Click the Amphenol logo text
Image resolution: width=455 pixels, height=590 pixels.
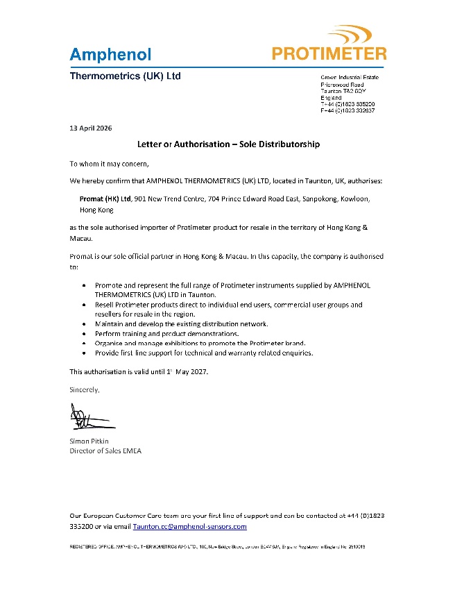(x=110, y=53)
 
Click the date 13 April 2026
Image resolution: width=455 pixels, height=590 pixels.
(x=91, y=128)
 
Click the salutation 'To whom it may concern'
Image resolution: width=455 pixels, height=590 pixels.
(x=109, y=164)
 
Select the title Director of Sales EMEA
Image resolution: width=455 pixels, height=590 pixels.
(x=105, y=451)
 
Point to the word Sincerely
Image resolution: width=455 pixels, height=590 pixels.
(x=85, y=389)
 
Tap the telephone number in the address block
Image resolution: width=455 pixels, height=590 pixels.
(x=347, y=103)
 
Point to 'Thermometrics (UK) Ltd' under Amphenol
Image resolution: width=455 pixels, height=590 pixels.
(x=126, y=76)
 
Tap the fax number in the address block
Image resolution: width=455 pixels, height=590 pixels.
(x=347, y=110)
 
